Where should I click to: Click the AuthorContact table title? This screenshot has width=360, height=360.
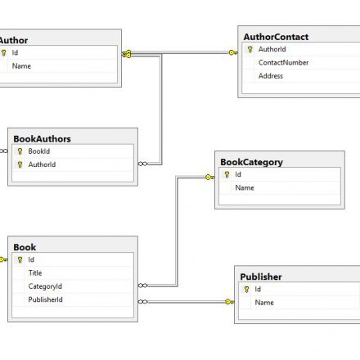coord(276,37)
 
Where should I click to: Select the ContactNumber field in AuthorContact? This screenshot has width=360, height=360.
coord(283,63)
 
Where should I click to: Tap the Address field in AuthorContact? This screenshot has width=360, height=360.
coord(271,76)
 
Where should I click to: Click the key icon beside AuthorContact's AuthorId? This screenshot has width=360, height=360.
coord(250,49)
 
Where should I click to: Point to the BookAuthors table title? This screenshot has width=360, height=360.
coord(42,139)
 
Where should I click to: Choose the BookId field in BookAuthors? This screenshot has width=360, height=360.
coord(39,151)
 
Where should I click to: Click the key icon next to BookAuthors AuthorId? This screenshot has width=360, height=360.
coord(20,164)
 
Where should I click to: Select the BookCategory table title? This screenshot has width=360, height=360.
coord(251,162)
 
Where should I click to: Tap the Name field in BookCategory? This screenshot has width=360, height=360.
coord(245,188)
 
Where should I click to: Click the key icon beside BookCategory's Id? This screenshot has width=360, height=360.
coord(227,174)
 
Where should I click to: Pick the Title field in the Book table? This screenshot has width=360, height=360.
coord(35,273)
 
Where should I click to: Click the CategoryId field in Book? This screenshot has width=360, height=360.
coord(45,286)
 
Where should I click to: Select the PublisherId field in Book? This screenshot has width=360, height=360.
coord(45,299)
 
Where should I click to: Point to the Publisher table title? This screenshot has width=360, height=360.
coord(261,277)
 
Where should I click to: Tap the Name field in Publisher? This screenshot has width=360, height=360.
coord(264,303)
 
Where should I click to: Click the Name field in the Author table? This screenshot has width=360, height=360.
coord(21,66)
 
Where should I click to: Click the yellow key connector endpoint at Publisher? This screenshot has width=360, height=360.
coord(230,302)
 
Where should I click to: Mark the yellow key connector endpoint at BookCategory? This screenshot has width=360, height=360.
coord(210,178)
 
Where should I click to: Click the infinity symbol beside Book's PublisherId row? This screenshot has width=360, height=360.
coord(143,302)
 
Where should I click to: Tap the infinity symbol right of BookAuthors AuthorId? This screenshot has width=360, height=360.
coord(143,164)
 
